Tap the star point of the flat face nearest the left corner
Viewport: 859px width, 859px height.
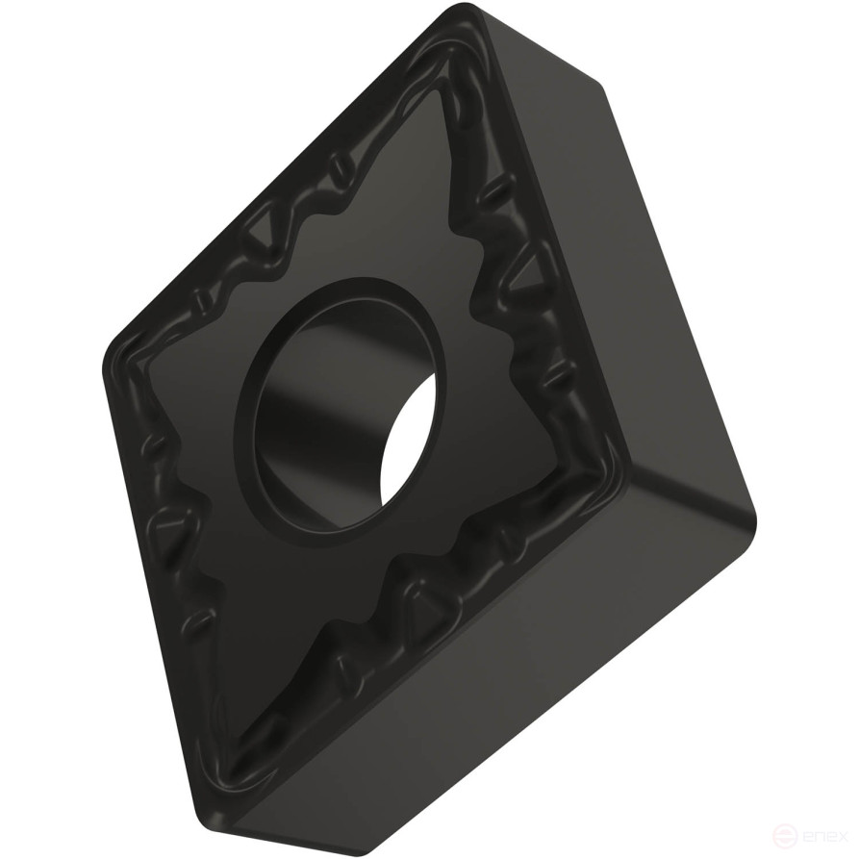tap(154, 385)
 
